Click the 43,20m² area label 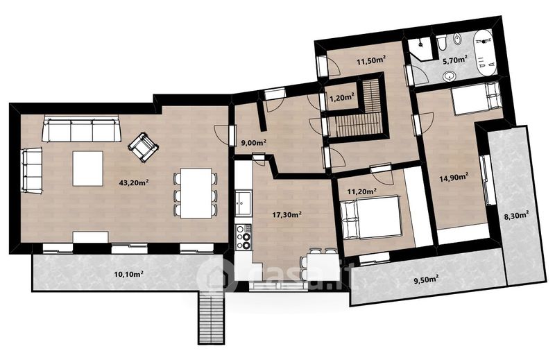pos(133,182)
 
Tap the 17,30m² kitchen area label pos(287,214)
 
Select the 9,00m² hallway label pos(253,143)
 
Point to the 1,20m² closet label pos(342,98)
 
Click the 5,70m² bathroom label pos(455,60)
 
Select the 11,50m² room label pos(371,61)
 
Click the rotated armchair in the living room pos(143,147)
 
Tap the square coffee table pos(88,169)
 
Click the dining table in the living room pos(196,194)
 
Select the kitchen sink pos(244,203)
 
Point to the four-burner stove pos(244,237)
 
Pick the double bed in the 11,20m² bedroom pos(371,216)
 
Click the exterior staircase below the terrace pos(211,317)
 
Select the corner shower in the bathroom pos(420,49)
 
